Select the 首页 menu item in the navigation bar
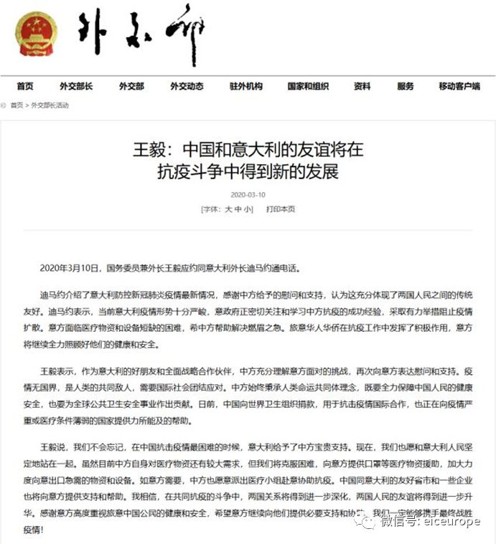pos(25,86)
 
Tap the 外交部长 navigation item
pos(76,86)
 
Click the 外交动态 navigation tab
pos(187,86)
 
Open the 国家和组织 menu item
pos(308,86)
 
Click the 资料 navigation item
pos(362,86)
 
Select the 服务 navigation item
pos(406,86)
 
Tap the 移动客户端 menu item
pos(459,86)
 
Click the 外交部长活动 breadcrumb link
pos(50,105)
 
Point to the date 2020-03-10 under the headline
pos(248,194)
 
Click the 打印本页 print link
pos(281,209)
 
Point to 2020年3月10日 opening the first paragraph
pos(72,268)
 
